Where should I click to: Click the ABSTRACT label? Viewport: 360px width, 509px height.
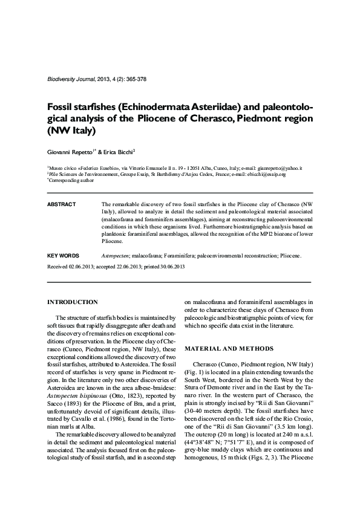tap(61, 204)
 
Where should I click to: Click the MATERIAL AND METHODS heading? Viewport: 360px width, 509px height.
tap(230, 349)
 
